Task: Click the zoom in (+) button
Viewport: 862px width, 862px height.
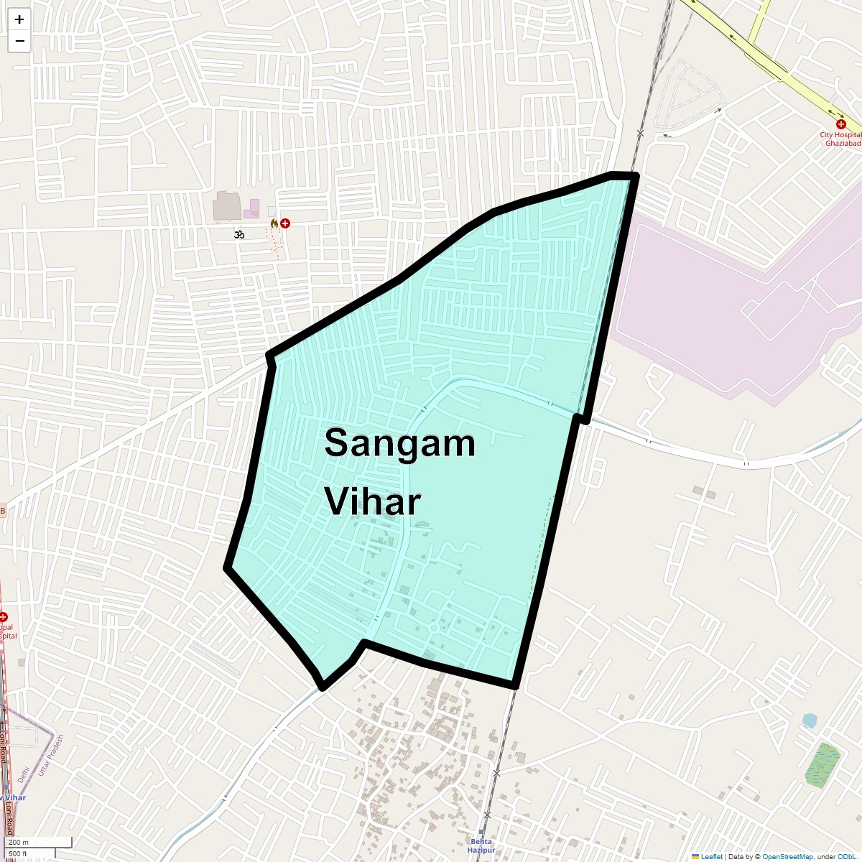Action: click(x=19, y=19)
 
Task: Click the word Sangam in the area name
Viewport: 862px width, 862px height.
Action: click(x=399, y=442)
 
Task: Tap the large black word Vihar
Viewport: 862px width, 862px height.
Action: click(x=372, y=501)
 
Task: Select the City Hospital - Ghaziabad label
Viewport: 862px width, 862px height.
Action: click(x=840, y=139)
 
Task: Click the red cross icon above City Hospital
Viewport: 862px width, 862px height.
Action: click(x=841, y=124)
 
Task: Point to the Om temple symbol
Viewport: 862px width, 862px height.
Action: click(x=239, y=234)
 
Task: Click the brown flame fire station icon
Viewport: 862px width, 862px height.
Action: click(x=274, y=223)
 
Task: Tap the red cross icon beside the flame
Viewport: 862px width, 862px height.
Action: click(x=286, y=223)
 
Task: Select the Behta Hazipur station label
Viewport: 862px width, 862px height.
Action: click(x=481, y=845)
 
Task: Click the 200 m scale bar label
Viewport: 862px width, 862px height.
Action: click(x=19, y=843)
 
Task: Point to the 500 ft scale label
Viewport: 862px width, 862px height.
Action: click(x=18, y=853)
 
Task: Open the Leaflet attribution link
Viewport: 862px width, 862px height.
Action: click(x=711, y=857)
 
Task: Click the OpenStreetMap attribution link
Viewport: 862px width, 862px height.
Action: click(x=787, y=857)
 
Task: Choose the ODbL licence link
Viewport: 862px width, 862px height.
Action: click(x=846, y=857)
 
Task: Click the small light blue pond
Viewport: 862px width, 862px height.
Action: click(x=810, y=720)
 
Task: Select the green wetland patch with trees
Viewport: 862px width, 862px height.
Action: click(x=822, y=765)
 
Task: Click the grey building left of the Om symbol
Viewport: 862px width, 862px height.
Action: click(x=227, y=206)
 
